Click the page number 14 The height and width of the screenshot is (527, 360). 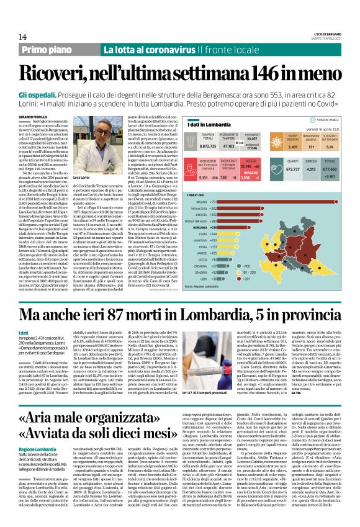click(x=13, y=37)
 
